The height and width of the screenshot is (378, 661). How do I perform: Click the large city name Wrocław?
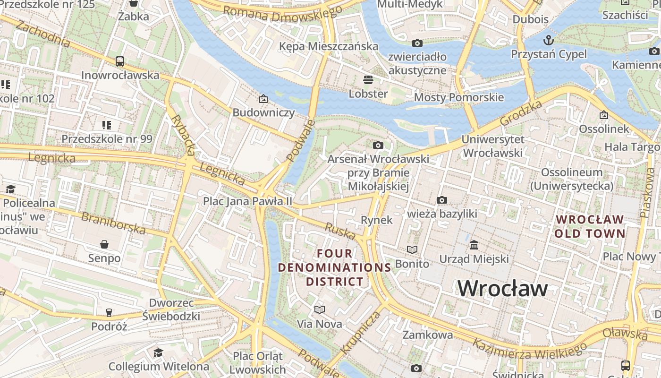click(502, 288)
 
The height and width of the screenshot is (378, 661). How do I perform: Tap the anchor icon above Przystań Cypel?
click(549, 39)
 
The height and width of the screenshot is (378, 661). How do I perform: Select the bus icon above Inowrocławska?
click(120, 61)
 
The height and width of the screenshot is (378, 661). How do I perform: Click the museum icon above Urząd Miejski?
click(474, 245)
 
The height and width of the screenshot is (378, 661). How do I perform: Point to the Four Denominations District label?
click(335, 267)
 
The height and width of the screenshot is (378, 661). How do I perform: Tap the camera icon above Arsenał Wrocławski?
click(378, 145)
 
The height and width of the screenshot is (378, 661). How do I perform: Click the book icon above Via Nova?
click(320, 309)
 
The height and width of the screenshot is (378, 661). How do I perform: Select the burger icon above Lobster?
click(368, 79)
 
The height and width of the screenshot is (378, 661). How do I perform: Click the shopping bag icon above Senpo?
click(104, 244)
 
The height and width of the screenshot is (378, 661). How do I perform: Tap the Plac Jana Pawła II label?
click(247, 201)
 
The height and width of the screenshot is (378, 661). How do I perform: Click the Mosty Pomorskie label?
click(459, 97)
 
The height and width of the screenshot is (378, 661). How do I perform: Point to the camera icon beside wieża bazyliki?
click(442, 200)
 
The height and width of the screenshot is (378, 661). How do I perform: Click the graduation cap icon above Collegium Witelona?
click(158, 352)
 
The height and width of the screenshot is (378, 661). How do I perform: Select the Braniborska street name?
click(113, 223)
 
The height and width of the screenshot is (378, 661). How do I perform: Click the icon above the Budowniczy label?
click(263, 99)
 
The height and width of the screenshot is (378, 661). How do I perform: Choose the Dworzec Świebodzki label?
click(171, 309)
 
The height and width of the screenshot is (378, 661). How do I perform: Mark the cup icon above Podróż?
click(109, 312)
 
